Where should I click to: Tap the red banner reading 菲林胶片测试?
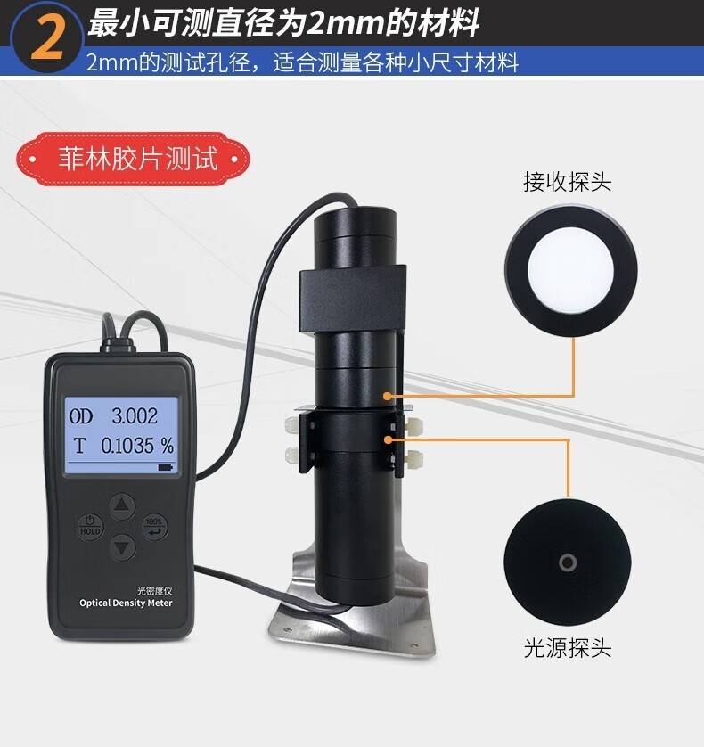pyautogui.click(x=133, y=159)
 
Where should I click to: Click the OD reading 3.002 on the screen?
pyautogui.click(x=135, y=416)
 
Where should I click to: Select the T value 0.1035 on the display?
pyautogui.click(x=127, y=446)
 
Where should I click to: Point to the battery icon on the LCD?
pyautogui.click(x=165, y=468)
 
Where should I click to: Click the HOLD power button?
pyautogui.click(x=90, y=526)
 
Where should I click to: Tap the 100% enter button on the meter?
pyautogui.click(x=154, y=527)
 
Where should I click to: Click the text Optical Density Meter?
pyautogui.click(x=126, y=603)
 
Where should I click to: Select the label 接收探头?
pyautogui.click(x=567, y=182)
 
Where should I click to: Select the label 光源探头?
pyautogui.click(x=568, y=648)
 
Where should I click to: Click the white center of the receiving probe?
pyautogui.click(x=570, y=271)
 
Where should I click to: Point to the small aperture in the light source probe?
pyautogui.click(x=568, y=562)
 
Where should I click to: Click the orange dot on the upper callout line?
pyautogui.click(x=388, y=396)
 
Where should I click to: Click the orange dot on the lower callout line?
pyautogui.click(x=389, y=439)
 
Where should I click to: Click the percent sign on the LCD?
pyautogui.click(x=168, y=446)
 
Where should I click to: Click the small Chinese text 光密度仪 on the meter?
pyautogui.click(x=154, y=591)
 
